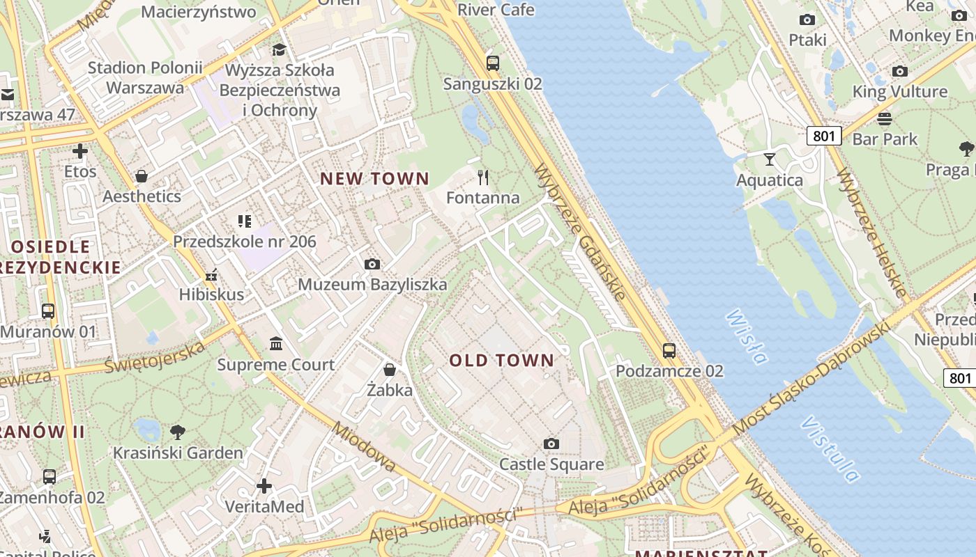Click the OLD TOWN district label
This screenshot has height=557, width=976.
[x=501, y=361]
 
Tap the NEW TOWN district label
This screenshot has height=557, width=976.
[x=374, y=179]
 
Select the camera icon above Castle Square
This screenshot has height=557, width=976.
[x=551, y=444]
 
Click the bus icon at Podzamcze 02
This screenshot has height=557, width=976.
[x=669, y=350]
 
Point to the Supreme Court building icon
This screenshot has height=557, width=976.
[x=276, y=344]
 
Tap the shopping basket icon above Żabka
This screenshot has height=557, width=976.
[x=390, y=369]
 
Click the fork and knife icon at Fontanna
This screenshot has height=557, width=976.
[x=483, y=177]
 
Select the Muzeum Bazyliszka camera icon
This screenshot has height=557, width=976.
[x=372, y=264]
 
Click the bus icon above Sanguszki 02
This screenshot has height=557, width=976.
[x=493, y=63]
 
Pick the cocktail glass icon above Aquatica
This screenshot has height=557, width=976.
[x=770, y=159]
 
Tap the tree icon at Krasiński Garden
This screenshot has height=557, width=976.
[x=178, y=432]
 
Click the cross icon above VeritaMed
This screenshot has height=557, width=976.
[x=264, y=485]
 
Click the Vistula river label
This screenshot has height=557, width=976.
[x=830, y=449]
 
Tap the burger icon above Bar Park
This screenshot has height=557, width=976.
[x=885, y=118]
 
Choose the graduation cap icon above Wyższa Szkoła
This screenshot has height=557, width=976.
[x=279, y=49]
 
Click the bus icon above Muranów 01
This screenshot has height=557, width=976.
[x=48, y=311]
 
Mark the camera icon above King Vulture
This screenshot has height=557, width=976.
[x=900, y=71]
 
